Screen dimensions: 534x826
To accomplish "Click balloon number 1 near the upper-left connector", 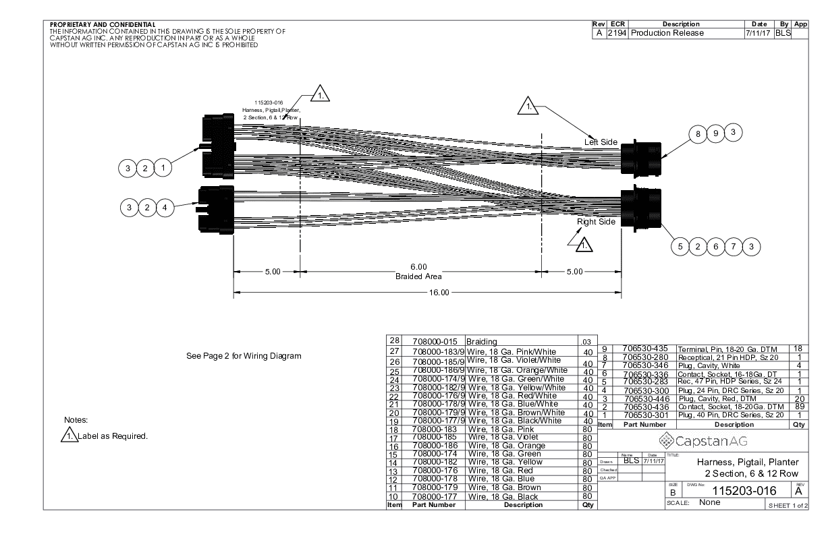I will [x=163, y=167].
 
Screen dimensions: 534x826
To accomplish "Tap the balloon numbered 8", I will [x=698, y=133].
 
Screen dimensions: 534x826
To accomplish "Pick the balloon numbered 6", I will [x=716, y=246].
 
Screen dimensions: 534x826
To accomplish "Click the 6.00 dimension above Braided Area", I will [x=418, y=268].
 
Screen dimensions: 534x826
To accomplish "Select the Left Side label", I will [x=601, y=142].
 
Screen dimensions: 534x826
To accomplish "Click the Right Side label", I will [x=597, y=222].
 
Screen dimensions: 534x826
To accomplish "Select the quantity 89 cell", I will [x=798, y=407].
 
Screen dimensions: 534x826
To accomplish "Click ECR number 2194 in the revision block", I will [x=617, y=33].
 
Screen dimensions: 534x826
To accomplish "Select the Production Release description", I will [x=667, y=33].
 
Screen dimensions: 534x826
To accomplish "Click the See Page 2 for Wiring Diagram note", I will [x=243, y=355].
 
